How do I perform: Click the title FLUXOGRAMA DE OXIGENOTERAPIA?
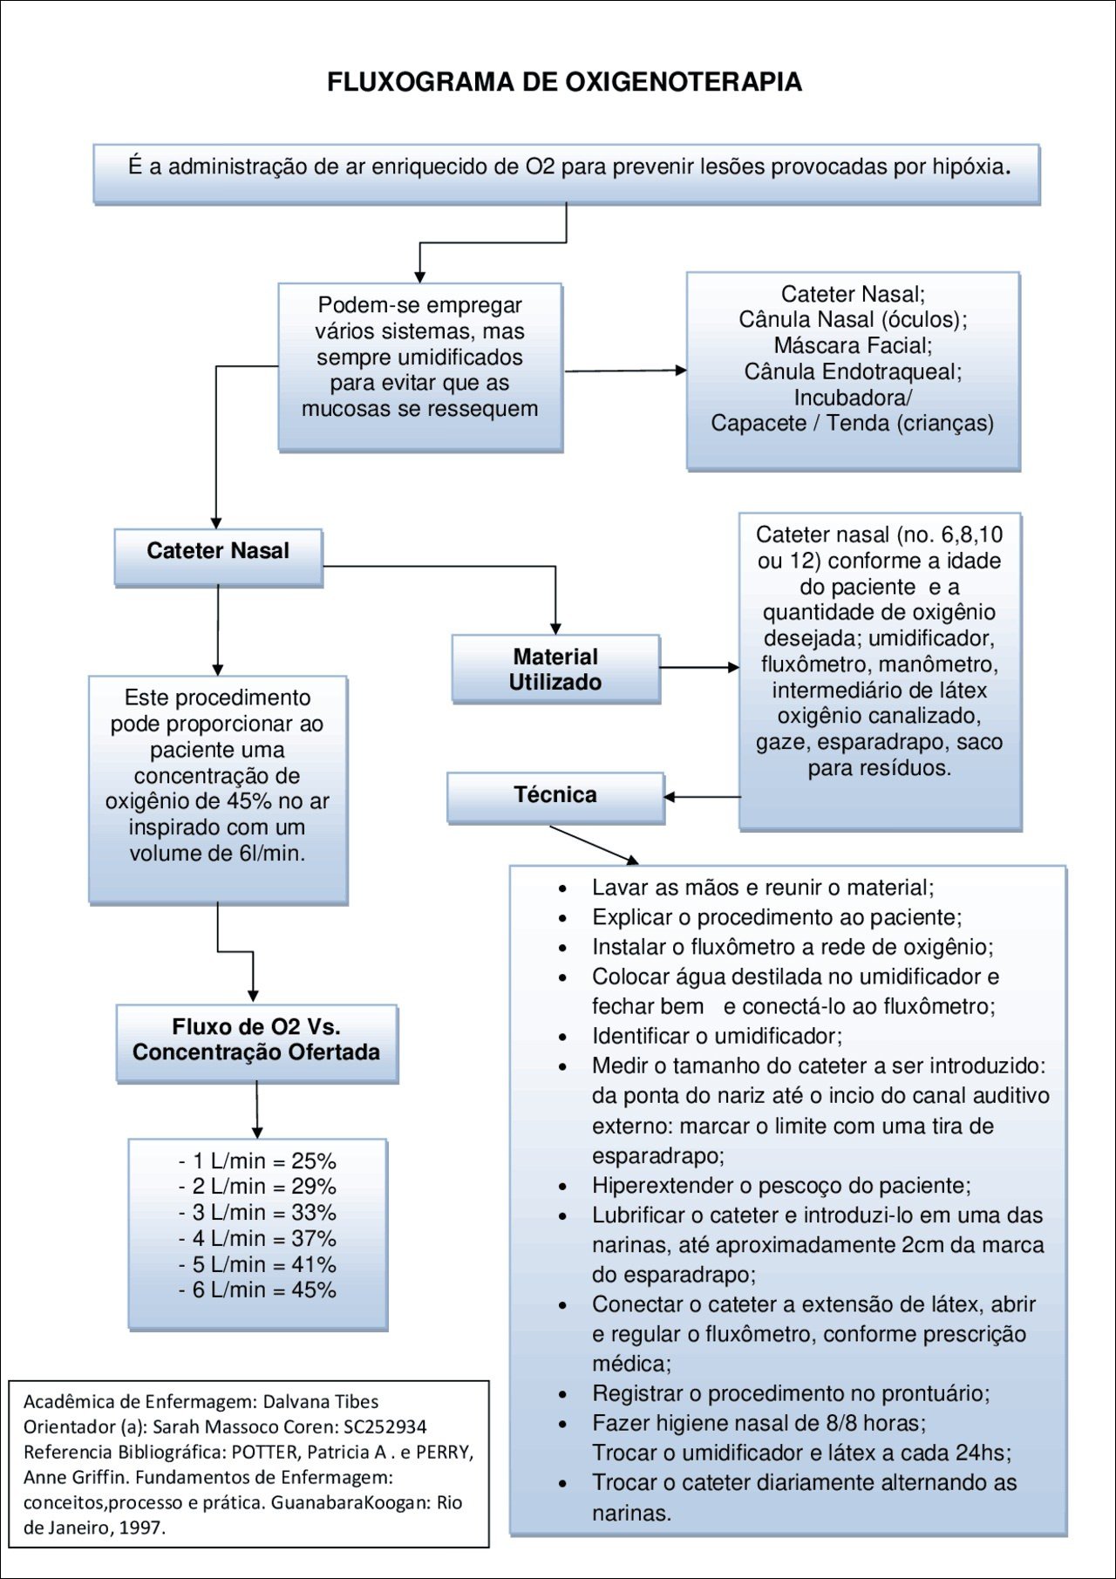point(564,82)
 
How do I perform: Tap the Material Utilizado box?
point(555,669)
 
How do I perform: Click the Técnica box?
point(555,796)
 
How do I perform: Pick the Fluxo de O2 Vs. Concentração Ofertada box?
point(256,1041)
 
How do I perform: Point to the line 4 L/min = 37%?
point(257,1238)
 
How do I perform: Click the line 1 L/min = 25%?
point(257,1161)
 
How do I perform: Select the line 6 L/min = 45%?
point(257,1290)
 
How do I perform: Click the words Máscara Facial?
point(853,345)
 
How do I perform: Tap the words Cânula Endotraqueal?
point(853,371)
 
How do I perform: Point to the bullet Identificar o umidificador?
point(717,1036)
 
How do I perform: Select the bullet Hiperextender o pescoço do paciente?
point(781,1185)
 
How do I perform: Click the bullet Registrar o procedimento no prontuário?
point(791,1393)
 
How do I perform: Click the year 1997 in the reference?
point(141,1528)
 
